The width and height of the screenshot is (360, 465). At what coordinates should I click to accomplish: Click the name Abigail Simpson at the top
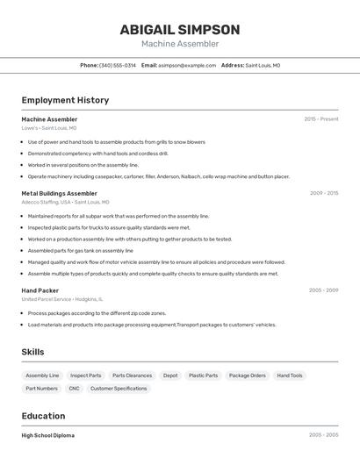click(180, 29)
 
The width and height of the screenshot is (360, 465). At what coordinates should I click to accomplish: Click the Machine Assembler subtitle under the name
click(180, 44)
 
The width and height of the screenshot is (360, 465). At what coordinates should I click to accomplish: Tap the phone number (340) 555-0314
click(117, 66)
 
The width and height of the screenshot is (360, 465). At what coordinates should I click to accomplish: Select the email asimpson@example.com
click(187, 66)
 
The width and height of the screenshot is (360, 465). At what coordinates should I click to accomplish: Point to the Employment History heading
click(65, 100)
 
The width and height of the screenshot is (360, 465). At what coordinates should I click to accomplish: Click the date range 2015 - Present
click(320, 119)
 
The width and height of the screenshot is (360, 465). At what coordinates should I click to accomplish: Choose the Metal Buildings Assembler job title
click(60, 193)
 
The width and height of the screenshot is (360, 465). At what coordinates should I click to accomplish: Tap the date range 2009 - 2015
click(323, 193)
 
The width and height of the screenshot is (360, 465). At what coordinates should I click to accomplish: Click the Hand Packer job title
click(40, 290)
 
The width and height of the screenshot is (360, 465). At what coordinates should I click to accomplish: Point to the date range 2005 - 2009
click(323, 290)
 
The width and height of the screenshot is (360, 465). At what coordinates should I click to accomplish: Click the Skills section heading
click(33, 352)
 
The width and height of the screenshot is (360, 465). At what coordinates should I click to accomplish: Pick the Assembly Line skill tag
click(42, 376)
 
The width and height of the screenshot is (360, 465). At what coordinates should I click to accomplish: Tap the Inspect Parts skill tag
click(85, 376)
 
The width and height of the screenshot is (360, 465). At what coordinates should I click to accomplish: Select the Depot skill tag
click(170, 376)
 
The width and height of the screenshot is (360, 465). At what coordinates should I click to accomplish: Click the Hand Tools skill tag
click(290, 376)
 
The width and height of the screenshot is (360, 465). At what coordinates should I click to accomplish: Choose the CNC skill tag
click(74, 388)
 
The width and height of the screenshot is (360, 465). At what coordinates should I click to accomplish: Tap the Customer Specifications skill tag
click(119, 388)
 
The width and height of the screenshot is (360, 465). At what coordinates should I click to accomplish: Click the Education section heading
click(43, 416)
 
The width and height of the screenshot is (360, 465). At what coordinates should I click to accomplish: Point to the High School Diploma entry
click(48, 435)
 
